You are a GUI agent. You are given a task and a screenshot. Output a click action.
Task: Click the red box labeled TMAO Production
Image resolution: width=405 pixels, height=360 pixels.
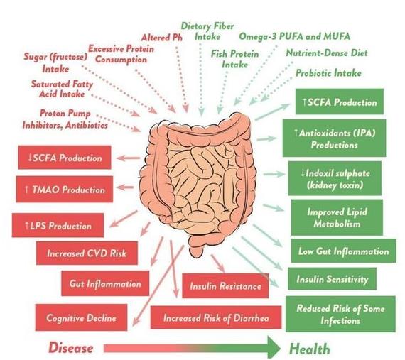pos(65,189)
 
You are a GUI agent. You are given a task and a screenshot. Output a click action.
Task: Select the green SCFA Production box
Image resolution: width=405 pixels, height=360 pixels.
pos(340,102)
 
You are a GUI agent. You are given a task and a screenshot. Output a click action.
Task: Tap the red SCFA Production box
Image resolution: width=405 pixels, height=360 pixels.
pos(65,158)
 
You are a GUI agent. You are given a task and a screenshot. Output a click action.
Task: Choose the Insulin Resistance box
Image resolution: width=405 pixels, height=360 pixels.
pos(225,285)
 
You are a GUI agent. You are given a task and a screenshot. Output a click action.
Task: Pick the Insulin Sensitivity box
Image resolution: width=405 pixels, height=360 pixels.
pos(332,279)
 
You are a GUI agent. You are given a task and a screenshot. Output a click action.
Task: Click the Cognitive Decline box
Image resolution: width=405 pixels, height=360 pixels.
pos(81,317)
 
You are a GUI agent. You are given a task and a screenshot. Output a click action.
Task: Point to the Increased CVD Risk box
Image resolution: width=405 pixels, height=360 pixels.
pos(87,253)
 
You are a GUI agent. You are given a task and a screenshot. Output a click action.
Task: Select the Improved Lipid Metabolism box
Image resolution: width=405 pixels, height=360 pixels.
pos(337,217)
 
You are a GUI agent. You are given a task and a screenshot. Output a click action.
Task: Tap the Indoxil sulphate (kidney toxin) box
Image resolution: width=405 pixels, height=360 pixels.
pos(335,178)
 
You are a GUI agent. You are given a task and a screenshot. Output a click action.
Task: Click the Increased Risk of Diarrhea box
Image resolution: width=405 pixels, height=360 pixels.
pos(216,317)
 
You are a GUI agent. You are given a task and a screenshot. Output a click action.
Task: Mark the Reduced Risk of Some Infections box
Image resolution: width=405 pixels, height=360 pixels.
pos(340,314)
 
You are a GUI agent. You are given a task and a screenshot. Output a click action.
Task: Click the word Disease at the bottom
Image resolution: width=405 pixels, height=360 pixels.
pos(71,347)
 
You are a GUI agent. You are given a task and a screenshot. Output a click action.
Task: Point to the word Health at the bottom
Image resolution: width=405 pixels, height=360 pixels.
pos(309,349)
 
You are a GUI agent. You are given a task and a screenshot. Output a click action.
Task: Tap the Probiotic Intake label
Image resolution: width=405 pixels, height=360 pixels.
pos(328,73)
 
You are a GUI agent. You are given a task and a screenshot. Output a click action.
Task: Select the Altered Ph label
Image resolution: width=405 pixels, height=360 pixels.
pos(162,38)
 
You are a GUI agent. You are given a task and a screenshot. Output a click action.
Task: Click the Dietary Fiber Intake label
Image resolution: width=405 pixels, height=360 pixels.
pos(207,31)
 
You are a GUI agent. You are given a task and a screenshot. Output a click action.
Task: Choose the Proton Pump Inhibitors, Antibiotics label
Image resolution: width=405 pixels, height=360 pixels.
pos(65,119)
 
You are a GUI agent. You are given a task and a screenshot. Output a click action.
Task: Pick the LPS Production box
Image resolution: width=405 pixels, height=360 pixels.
pos(58,225)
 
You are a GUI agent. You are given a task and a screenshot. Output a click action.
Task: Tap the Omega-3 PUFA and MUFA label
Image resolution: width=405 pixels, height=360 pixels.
pos(294,36)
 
